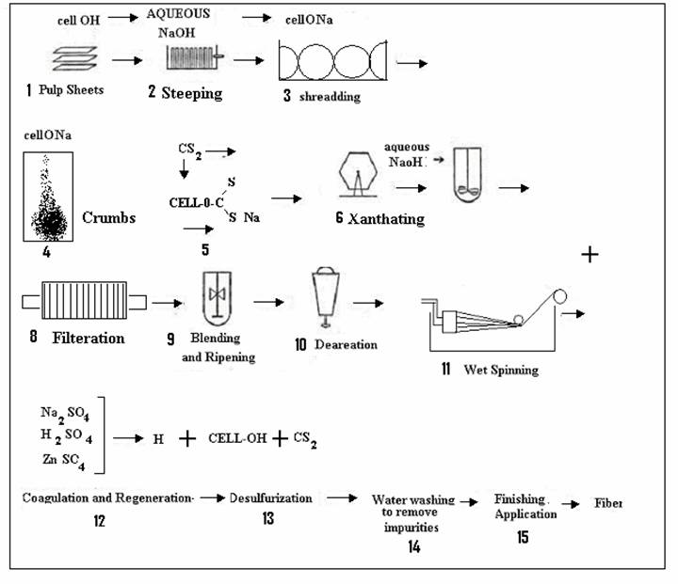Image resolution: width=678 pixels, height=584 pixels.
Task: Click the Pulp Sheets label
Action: (x=71, y=91)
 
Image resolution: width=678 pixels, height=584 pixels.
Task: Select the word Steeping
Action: (x=191, y=92)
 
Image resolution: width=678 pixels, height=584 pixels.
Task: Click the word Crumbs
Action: (x=109, y=217)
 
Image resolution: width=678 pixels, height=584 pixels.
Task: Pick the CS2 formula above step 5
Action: (x=189, y=149)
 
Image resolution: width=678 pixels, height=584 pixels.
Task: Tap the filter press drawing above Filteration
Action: (x=84, y=302)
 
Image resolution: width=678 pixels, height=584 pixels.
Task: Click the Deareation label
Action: (x=343, y=344)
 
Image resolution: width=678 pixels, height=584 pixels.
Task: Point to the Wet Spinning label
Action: (x=501, y=370)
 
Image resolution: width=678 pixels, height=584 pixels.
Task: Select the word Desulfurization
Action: (x=271, y=497)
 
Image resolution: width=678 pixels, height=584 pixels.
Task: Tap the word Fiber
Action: (x=608, y=503)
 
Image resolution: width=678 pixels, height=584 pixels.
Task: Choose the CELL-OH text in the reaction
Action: (x=237, y=438)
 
